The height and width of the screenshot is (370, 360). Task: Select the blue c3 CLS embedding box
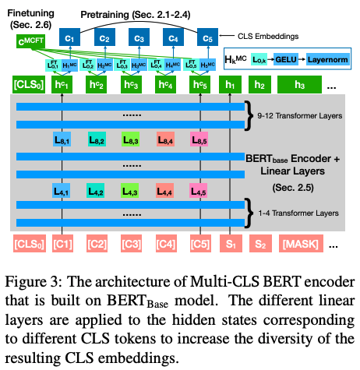[x=139, y=36]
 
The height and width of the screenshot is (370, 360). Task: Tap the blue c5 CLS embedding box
[x=206, y=36]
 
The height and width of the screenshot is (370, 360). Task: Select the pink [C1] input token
[x=63, y=248]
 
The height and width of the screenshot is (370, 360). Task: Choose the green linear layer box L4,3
[x=132, y=190]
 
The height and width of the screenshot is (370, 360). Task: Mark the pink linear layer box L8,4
[x=166, y=139]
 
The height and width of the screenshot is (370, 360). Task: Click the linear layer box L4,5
[x=199, y=190]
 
